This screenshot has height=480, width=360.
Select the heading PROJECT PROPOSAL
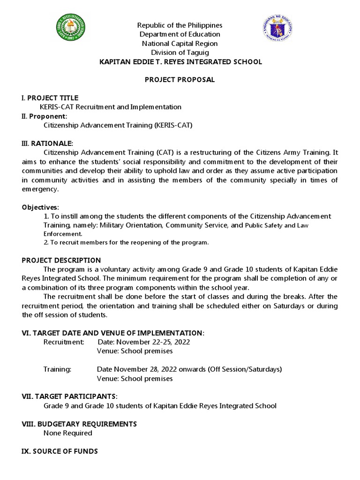tap(179, 80)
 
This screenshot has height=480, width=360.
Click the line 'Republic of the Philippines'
tap(179, 25)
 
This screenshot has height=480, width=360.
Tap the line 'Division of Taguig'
tap(179, 52)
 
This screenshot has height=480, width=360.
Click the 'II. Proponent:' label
tap(45, 116)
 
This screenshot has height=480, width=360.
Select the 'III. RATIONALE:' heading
tap(48, 143)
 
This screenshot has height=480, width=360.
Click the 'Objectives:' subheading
tap(41, 207)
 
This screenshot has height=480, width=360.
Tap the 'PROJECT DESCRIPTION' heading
tap(61, 260)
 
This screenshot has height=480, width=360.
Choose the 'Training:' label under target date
tap(57, 369)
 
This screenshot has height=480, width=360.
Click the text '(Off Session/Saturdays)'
tap(245, 369)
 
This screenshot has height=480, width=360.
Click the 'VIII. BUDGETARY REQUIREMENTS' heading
tap(80, 424)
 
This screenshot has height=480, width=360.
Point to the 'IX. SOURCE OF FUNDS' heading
tap(60, 451)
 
